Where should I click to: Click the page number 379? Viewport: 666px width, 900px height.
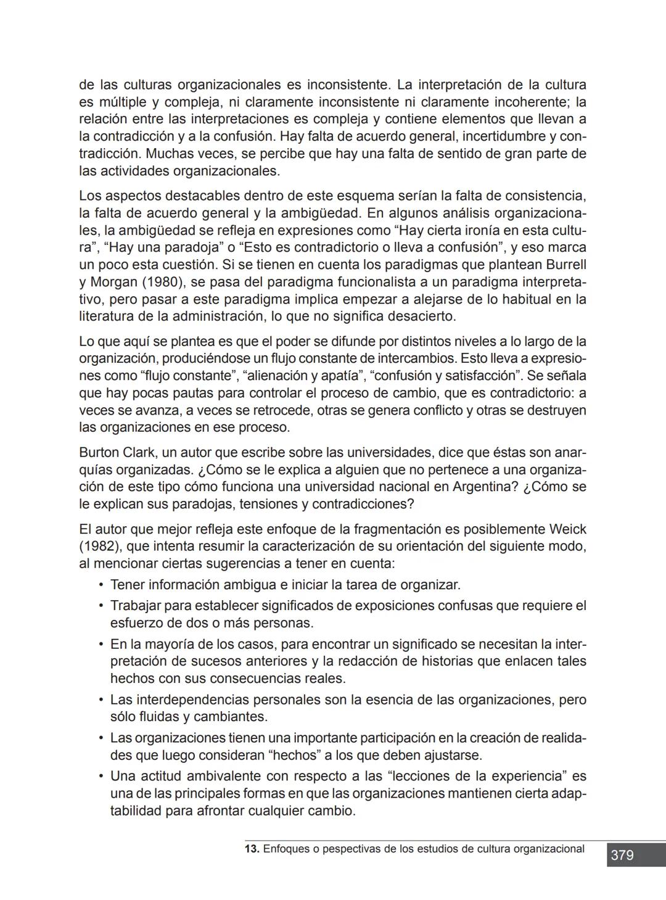coord(622,855)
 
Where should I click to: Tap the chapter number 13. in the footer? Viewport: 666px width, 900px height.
coord(252,849)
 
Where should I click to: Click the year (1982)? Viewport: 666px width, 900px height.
coord(102,546)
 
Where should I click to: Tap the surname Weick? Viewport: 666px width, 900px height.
coord(567,529)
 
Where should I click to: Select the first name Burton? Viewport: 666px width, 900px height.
coord(100,452)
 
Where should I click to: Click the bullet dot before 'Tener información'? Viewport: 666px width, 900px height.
coord(101,584)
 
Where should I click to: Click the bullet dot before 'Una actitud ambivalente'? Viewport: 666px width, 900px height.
coord(101,775)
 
